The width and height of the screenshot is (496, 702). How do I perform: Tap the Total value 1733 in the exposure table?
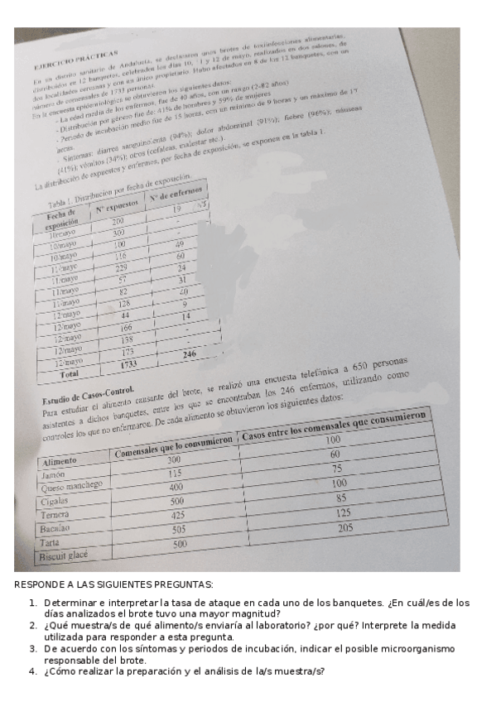(129, 364)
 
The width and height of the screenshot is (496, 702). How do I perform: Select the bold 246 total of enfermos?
(190, 354)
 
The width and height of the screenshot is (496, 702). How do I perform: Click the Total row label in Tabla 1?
(69, 373)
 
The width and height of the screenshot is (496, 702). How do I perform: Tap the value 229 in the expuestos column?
(121, 269)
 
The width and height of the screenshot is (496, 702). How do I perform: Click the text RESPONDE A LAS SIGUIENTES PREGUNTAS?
(113, 585)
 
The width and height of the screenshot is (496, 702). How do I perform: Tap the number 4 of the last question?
(31, 671)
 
